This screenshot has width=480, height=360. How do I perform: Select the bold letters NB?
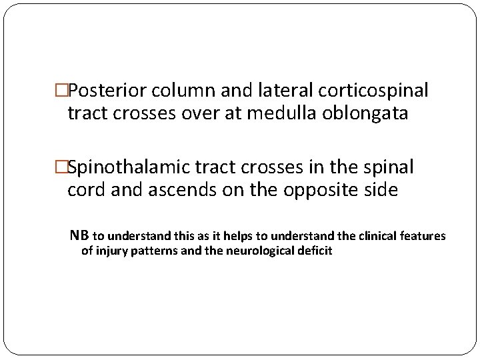pos(79,235)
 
